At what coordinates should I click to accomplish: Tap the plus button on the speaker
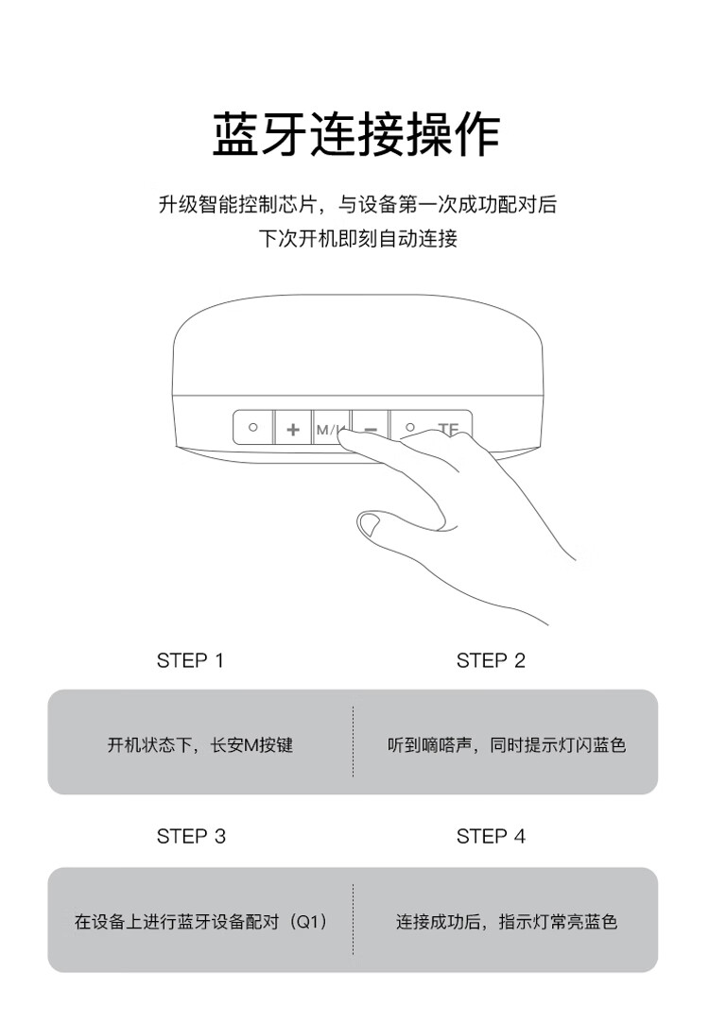(293, 429)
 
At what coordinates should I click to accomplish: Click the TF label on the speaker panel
(448, 429)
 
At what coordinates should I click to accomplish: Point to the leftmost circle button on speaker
(253, 428)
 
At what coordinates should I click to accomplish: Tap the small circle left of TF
(409, 428)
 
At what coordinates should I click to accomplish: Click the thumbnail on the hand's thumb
(370, 523)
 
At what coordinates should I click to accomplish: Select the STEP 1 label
(190, 661)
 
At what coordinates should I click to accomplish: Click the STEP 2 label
(491, 661)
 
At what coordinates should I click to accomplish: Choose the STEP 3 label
(191, 836)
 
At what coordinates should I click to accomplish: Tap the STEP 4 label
(491, 836)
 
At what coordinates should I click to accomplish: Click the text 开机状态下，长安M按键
(200, 744)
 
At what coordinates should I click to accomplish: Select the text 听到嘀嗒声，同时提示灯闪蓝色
(507, 744)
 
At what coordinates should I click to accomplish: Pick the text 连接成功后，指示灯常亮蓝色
(506, 922)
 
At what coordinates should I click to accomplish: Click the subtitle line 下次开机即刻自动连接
(357, 239)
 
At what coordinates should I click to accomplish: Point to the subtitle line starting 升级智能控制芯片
(357, 205)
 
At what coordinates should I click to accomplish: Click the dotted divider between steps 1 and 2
(353, 741)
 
